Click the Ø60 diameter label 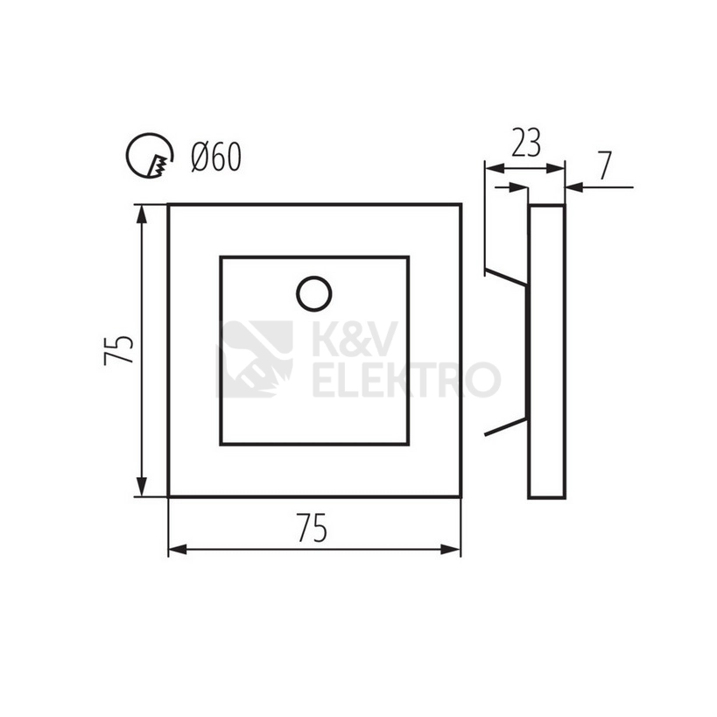[x=216, y=157]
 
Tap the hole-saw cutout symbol [x=150, y=156]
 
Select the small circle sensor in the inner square [x=313, y=293]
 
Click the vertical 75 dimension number [x=118, y=350]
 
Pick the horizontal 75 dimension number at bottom [x=313, y=528]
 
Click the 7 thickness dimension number [x=605, y=165]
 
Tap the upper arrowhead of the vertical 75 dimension [x=142, y=214]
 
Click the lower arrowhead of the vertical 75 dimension [x=142, y=487]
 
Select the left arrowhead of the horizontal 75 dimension [x=178, y=549]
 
